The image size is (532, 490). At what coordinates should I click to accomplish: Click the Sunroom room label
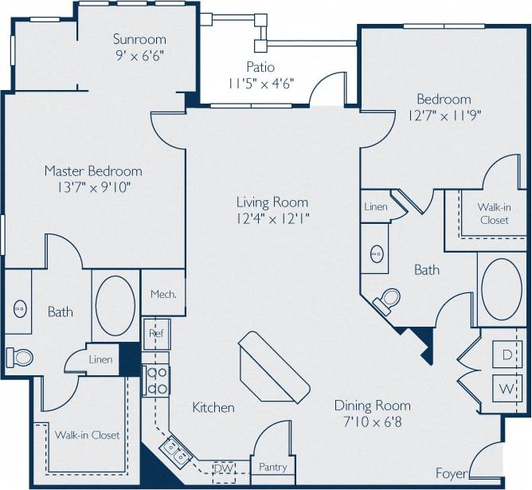click(139, 39)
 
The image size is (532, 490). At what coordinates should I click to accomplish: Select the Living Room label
click(272, 202)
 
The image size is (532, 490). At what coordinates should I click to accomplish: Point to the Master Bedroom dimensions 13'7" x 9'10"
click(93, 187)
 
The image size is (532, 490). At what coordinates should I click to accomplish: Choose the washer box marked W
click(507, 390)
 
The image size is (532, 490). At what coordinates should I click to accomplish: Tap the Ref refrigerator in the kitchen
click(156, 334)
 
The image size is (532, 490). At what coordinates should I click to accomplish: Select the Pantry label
click(272, 468)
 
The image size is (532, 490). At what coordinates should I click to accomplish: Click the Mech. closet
click(163, 293)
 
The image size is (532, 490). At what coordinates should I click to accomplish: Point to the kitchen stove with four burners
click(155, 380)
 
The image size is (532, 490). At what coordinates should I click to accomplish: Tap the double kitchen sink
click(177, 451)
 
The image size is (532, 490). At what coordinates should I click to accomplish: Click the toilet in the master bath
click(20, 357)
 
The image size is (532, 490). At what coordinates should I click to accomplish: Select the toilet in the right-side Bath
click(389, 300)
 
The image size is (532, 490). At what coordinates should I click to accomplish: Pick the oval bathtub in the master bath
click(115, 307)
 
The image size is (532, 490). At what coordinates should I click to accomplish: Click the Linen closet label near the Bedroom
click(375, 207)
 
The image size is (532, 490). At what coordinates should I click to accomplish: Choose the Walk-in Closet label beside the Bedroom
click(494, 214)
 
